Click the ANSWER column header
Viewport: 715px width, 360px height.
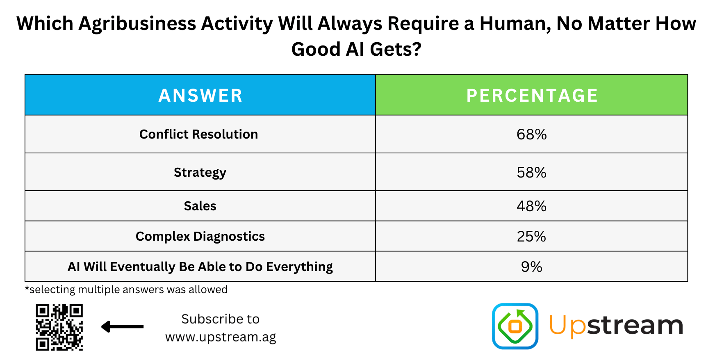click(200, 96)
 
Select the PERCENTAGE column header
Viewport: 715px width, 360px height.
click(532, 96)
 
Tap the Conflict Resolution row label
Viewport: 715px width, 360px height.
click(199, 134)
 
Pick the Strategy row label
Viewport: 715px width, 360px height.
click(200, 173)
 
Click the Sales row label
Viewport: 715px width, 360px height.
click(200, 206)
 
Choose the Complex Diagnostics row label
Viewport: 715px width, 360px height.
click(200, 237)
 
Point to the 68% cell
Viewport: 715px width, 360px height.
click(532, 134)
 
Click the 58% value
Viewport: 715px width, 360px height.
click(532, 173)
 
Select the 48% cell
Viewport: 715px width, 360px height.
click(532, 206)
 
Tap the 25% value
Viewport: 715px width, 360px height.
click(532, 237)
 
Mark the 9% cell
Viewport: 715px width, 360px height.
click(532, 267)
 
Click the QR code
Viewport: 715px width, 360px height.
click(59, 327)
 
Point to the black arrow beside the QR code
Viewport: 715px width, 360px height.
click(122, 327)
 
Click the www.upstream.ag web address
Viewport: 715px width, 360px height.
click(221, 337)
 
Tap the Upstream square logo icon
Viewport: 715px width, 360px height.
click(515, 326)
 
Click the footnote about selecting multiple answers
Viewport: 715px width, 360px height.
click(126, 289)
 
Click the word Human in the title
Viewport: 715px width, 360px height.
click(515, 23)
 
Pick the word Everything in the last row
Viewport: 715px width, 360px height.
click(299, 267)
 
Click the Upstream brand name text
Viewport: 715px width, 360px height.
click(616, 326)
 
